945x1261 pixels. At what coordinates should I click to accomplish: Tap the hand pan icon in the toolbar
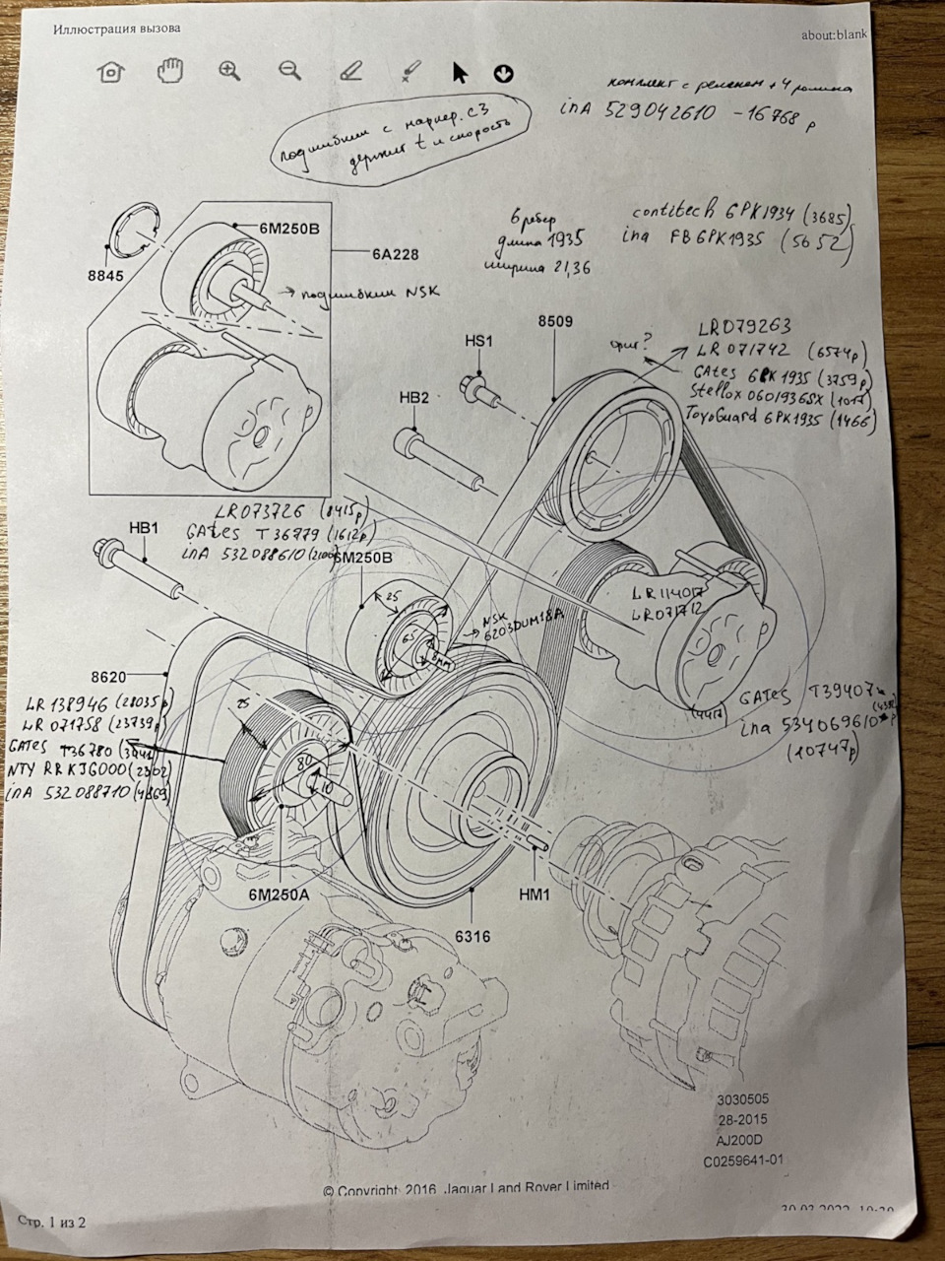coord(171,70)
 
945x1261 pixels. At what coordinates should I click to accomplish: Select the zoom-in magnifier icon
coord(230,71)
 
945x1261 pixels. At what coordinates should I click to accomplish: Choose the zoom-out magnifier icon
coord(289,70)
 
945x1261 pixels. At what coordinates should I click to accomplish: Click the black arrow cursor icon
coord(459,72)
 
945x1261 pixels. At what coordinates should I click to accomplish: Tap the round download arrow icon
coord(503,73)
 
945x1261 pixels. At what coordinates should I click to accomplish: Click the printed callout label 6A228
coord(395,254)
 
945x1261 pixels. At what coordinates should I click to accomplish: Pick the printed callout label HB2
coord(414,398)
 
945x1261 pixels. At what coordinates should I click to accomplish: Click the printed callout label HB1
coord(143,529)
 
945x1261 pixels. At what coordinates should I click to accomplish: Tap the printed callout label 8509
coord(554,320)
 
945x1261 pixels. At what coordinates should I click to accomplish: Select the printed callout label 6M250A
coord(279,895)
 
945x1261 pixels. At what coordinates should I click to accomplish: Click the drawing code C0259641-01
coord(743,1160)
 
